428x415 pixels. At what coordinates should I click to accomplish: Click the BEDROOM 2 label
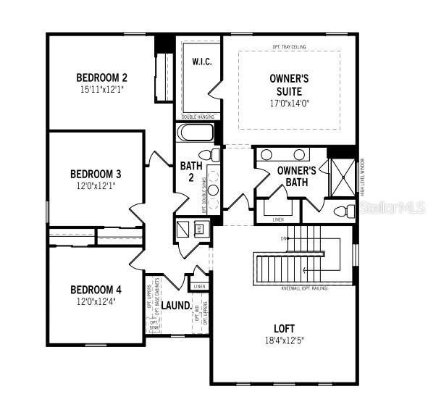102,77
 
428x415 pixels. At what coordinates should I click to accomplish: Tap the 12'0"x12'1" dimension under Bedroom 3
96,185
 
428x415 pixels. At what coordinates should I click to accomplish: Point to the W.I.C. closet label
201,62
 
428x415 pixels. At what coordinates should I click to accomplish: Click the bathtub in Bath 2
196,134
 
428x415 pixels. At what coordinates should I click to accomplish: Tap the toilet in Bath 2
210,155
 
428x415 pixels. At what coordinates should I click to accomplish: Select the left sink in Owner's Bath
267,154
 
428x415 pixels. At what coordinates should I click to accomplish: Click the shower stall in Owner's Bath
341,176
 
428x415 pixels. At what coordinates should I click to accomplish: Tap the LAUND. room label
176,306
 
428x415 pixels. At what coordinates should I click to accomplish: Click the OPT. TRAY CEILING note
289,46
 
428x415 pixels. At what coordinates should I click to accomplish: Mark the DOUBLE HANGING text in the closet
197,116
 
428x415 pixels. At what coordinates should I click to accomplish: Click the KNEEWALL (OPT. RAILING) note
305,288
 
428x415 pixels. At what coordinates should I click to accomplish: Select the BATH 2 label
187,172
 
